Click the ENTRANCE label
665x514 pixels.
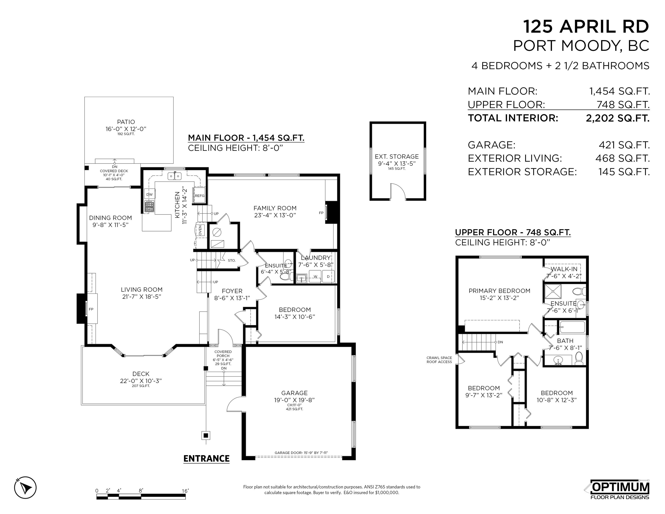pyautogui.click(x=206, y=459)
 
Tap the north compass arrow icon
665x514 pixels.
pyautogui.click(x=25, y=487)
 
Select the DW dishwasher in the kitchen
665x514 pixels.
pyautogui.click(x=149, y=194)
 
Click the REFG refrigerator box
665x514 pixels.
pyautogui.click(x=199, y=195)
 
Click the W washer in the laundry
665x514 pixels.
pyautogui.click(x=315, y=276)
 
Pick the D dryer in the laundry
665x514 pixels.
pyautogui.click(x=328, y=276)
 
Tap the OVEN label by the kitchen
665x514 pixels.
pyautogui.click(x=200, y=230)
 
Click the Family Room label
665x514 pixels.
pyautogui.click(x=275, y=212)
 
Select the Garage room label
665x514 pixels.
pyautogui.click(x=294, y=396)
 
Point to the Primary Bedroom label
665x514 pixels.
pyautogui.click(x=499, y=294)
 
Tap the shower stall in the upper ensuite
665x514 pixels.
pyautogui.click(x=553, y=291)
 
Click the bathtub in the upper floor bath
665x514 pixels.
pyautogui.click(x=572, y=327)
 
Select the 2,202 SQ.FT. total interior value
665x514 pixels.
pyautogui.click(x=617, y=118)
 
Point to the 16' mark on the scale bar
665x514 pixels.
pyautogui.click(x=185, y=491)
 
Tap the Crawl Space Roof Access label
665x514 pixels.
pyautogui.click(x=439, y=360)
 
